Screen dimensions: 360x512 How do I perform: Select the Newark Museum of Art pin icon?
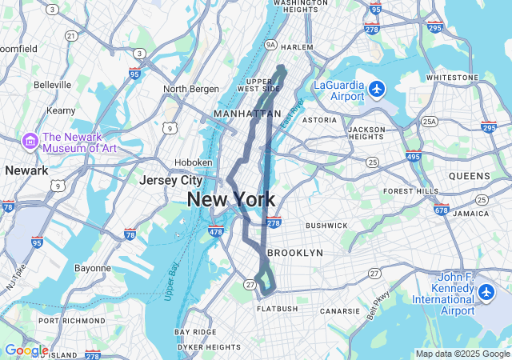click(x=31, y=141)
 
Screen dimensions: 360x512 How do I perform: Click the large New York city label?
click(x=231, y=200)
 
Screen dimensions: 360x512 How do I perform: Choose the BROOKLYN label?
click(x=294, y=253)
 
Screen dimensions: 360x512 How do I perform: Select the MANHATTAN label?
click(x=247, y=114)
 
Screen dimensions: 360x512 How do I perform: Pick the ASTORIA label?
click(x=319, y=120)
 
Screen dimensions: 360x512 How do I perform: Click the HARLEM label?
click(x=297, y=47)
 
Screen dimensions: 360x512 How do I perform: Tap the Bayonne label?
click(x=93, y=268)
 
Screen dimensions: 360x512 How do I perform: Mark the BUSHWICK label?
click(x=326, y=226)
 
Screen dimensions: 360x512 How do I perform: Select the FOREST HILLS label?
click(x=411, y=191)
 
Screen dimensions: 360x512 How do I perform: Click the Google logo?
click(x=26, y=350)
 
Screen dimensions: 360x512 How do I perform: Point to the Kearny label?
click(x=61, y=110)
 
